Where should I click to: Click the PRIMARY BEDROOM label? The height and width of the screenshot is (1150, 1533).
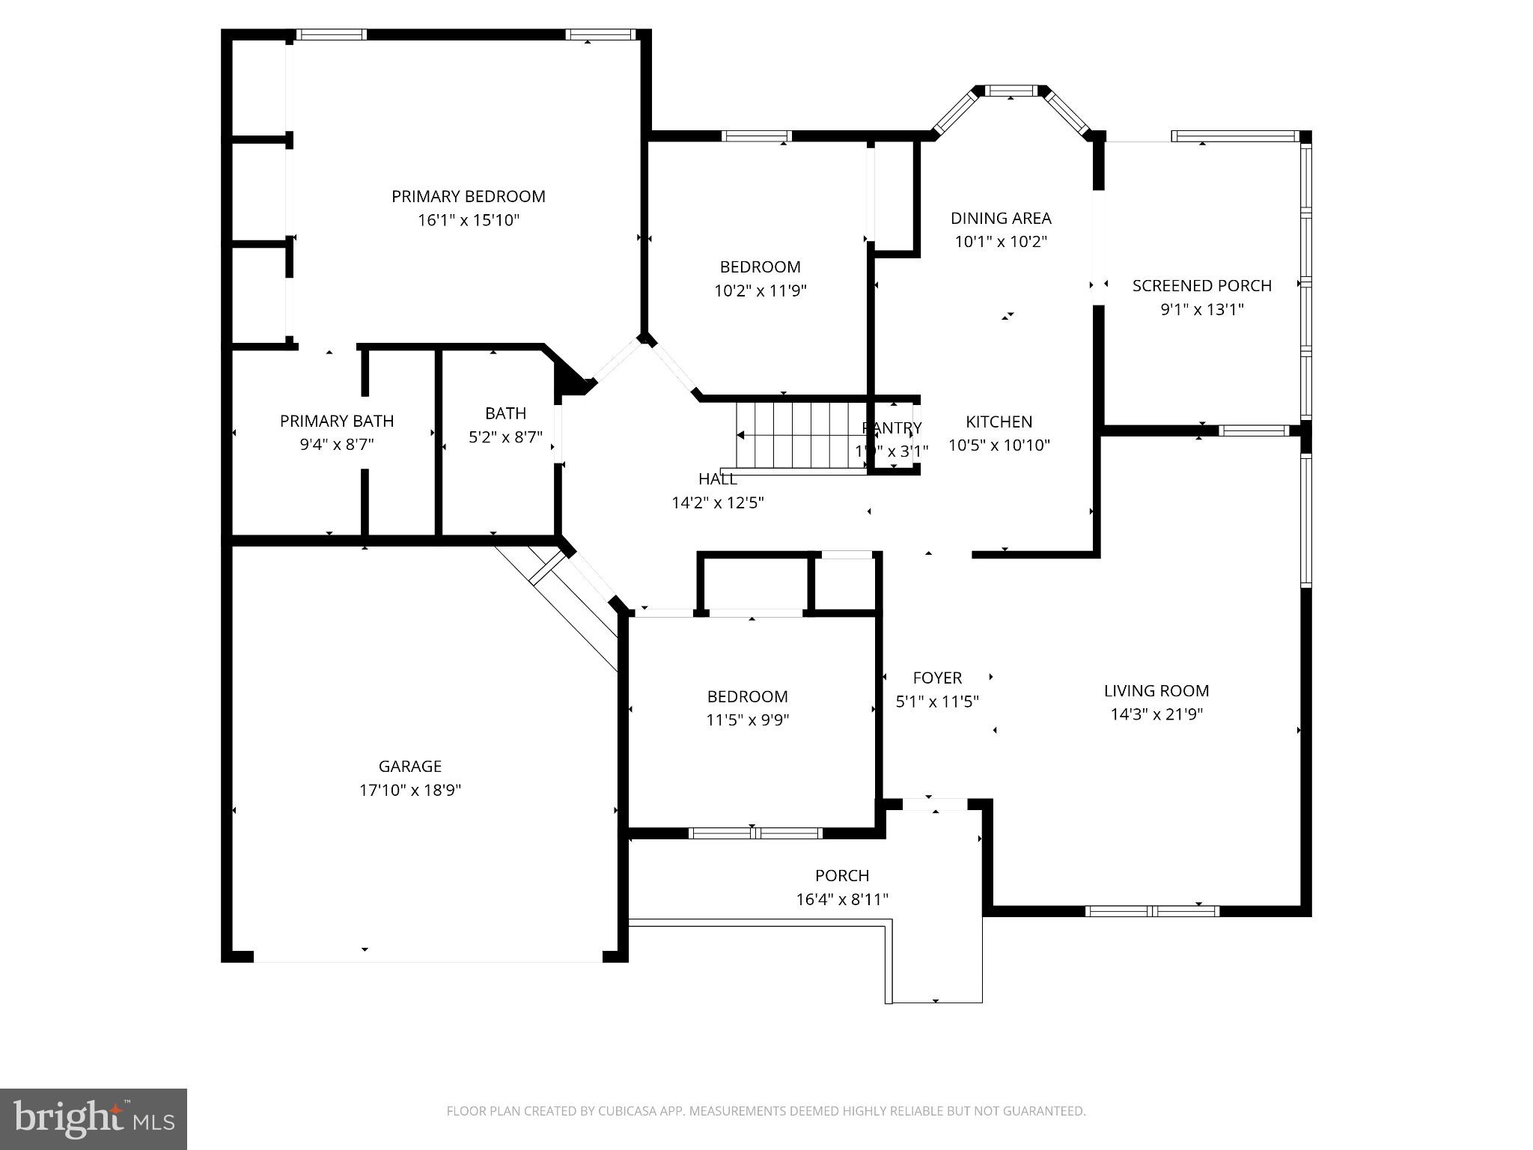pyautogui.click(x=468, y=196)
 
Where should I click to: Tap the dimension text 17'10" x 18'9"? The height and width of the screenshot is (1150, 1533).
pyautogui.click(x=409, y=790)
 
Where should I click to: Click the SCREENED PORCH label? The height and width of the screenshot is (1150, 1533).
pyautogui.click(x=1201, y=285)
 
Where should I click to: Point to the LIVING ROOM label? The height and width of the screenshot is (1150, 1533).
pyautogui.click(x=1156, y=690)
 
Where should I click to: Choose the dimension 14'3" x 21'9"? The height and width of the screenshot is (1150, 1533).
pyautogui.click(x=1156, y=714)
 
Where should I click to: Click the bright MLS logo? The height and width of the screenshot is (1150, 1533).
pyautogui.click(x=94, y=1119)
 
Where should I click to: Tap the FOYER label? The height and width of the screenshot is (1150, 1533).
pyautogui.click(x=937, y=678)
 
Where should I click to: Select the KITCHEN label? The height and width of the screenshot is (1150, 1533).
pyautogui.click(x=999, y=422)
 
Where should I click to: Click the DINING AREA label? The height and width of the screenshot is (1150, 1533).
pyautogui.click(x=1001, y=218)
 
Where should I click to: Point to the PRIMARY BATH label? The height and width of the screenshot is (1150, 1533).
pyautogui.click(x=337, y=421)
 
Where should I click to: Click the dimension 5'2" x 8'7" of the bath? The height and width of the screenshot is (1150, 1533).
pyautogui.click(x=505, y=437)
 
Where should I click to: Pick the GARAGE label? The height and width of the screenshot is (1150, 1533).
pyautogui.click(x=409, y=766)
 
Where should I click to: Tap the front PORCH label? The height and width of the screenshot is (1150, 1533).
pyautogui.click(x=842, y=875)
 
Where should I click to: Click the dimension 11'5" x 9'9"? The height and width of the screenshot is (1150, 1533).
pyautogui.click(x=747, y=720)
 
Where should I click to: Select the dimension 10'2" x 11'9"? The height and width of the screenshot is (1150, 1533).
pyautogui.click(x=760, y=290)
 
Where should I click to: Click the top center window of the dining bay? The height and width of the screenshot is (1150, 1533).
pyautogui.click(x=1011, y=91)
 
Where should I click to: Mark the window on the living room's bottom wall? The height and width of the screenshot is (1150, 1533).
pyautogui.click(x=1152, y=911)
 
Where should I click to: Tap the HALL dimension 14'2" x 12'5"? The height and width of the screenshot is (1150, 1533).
pyautogui.click(x=717, y=502)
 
